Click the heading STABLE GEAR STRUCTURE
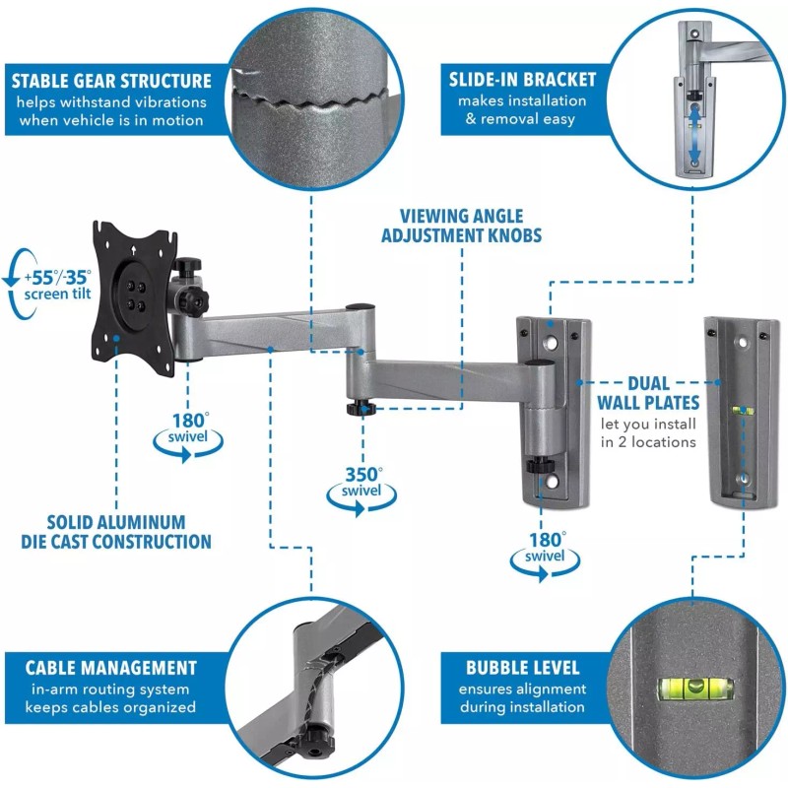111,81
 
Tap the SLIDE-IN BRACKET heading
522,80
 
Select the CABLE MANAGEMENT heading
111,668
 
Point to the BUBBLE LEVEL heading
523,668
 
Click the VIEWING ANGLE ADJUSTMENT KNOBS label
461,226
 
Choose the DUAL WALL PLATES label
648,393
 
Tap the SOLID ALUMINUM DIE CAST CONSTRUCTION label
116,532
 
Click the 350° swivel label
362,481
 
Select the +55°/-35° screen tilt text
58,285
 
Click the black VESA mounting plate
134,297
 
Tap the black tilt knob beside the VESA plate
192,301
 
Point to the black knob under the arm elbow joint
361,407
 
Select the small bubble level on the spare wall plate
743,412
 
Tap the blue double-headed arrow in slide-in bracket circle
694,132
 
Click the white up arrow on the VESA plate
133,249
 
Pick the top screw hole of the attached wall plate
552,344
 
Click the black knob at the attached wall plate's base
540,465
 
